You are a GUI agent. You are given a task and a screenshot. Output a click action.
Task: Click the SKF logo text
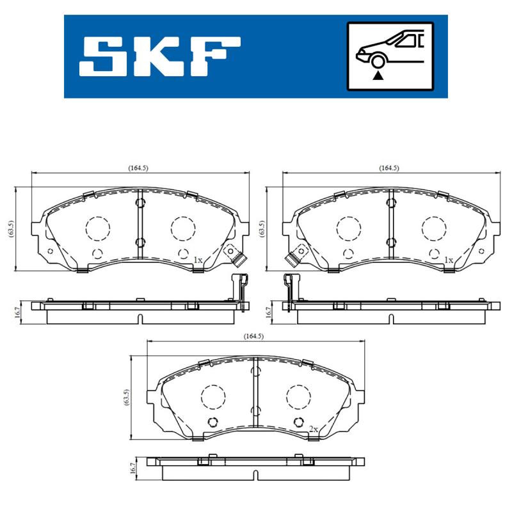pos(160,56)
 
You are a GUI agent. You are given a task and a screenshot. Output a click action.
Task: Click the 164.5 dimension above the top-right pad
pos(388,168)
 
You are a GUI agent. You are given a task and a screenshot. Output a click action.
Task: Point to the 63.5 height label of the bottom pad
pos(126,399)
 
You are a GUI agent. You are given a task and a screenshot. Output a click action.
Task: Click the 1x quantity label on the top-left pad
pos(198,260)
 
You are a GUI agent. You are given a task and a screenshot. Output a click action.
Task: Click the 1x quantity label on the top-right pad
pos(449,260)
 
